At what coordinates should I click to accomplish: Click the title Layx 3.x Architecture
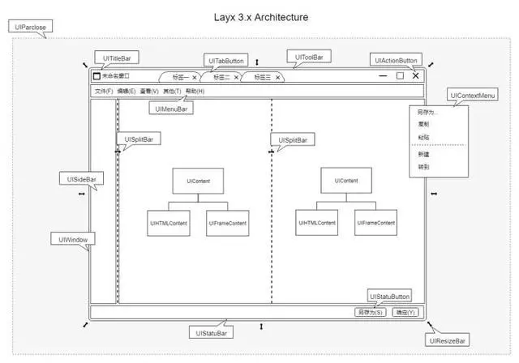[261, 16]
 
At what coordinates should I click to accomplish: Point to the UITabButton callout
[226, 61]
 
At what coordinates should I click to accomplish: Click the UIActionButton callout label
[396, 60]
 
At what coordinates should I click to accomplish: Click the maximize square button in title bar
[400, 76]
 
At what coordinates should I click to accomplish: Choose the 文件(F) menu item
[104, 91]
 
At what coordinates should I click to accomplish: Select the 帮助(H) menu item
[195, 91]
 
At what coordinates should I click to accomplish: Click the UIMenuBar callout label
[172, 109]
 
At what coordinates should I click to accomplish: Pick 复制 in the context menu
[423, 125]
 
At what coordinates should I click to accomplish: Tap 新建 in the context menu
[423, 153]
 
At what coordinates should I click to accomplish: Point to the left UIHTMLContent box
[168, 222]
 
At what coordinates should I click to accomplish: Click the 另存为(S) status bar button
[371, 312]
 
